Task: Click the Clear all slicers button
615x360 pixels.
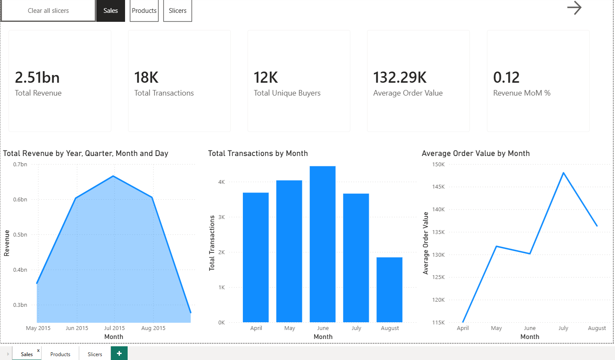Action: pos(48,11)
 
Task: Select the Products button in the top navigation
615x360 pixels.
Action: pos(144,11)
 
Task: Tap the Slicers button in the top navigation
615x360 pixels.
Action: pos(177,11)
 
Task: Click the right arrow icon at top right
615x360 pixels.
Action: pos(574,8)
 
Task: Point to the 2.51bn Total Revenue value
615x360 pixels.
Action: pos(37,78)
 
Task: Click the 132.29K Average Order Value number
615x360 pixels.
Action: pos(400,78)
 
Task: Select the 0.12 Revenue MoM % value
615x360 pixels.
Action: pos(506,78)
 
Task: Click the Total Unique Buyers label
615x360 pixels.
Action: pos(287,93)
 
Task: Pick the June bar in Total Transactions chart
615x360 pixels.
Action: pos(322,244)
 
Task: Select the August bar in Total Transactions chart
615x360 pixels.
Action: pos(389,290)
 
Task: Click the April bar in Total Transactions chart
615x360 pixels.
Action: pos(256,257)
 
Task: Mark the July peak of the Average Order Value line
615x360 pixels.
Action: pos(563,173)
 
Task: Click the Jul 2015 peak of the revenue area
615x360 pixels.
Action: pos(113,176)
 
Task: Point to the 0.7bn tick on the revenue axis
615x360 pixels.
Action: pos(20,165)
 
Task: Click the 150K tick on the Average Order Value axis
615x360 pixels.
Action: pos(439,165)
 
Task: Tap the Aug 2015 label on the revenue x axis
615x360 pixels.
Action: pos(153,328)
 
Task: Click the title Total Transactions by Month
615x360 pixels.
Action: pos(258,153)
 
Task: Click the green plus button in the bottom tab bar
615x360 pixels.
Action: pos(119,353)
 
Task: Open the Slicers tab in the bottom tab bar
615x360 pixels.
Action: pos(95,354)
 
